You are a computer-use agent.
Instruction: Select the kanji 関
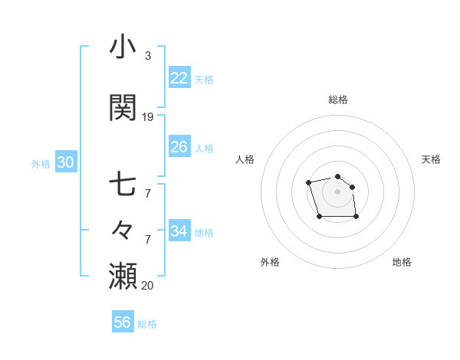pos(123,107)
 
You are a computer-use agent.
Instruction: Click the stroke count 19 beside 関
pos(148,117)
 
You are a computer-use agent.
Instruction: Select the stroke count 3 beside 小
pos(148,56)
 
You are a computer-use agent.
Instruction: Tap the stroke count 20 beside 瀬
pos(148,286)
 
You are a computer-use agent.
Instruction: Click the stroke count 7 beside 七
pos(148,194)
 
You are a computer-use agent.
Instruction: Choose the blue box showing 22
pos(179,78)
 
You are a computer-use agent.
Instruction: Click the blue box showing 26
pos(179,147)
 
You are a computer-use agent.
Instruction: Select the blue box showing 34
pos(179,231)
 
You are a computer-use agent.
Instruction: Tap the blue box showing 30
pos(65,162)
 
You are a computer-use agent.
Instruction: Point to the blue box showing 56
pos(122,322)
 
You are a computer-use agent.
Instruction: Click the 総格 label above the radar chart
pos(338,100)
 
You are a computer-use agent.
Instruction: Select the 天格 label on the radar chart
pos(432,159)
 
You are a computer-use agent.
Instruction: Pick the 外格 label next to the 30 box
pos(41,163)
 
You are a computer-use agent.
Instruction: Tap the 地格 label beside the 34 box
pos(204,232)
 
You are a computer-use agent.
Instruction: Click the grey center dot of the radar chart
pos(338,191)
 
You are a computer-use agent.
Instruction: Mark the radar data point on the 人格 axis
pos(308,182)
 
